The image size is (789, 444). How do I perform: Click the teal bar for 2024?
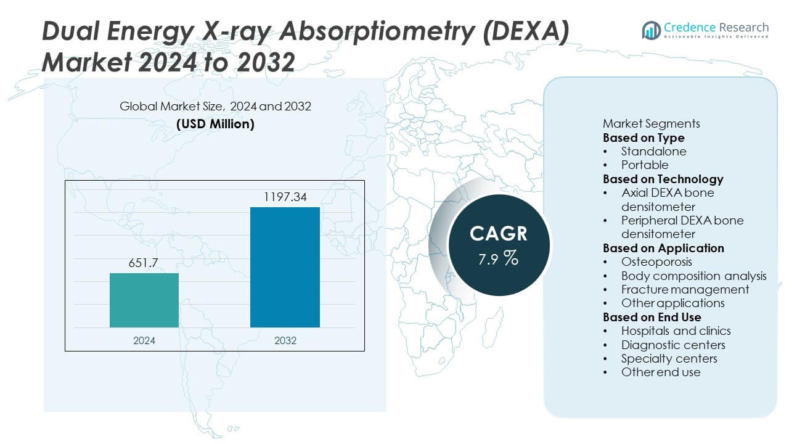tap(144, 300)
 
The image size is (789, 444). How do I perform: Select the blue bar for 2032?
tap(285, 267)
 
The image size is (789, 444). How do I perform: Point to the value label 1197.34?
tap(285, 197)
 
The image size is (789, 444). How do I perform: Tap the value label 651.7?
tap(144, 263)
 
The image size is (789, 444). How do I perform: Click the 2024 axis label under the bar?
tap(144, 340)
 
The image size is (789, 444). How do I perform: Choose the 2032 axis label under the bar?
tap(285, 340)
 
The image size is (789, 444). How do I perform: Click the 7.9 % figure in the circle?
tap(498, 258)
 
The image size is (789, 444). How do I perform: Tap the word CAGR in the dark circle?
tap(498, 233)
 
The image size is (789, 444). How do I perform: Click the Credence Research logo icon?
tap(651, 30)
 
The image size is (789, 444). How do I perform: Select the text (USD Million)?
tap(215, 124)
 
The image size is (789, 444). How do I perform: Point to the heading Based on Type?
tap(644, 138)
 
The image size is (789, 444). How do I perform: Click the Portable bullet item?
tap(645, 165)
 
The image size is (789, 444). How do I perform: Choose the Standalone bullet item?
tap(653, 151)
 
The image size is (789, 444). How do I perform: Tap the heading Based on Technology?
tap(663, 179)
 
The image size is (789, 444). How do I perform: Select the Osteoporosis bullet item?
tap(656, 262)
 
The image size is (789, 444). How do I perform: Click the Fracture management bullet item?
tap(685, 289)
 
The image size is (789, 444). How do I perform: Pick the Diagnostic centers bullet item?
tap(673, 345)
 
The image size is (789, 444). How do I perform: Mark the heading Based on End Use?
tap(652, 317)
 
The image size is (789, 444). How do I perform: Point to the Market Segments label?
tap(651, 123)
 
